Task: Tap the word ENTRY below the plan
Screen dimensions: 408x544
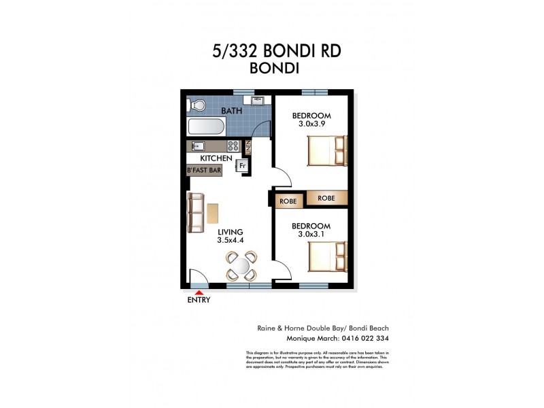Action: pyautogui.click(x=199, y=300)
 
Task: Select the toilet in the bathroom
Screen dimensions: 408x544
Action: pyautogui.click(x=197, y=106)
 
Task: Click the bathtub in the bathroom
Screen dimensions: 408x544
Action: pyautogui.click(x=205, y=126)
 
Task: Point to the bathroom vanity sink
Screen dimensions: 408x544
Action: pyautogui.click(x=258, y=101)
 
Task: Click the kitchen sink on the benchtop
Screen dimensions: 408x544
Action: pyautogui.click(x=199, y=145)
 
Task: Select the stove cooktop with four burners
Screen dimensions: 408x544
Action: pyautogui.click(x=233, y=145)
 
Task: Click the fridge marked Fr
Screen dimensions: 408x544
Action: pyautogui.click(x=241, y=165)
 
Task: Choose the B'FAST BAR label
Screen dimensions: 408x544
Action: pyautogui.click(x=204, y=171)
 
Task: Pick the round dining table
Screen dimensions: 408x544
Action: pyautogui.click(x=241, y=265)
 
